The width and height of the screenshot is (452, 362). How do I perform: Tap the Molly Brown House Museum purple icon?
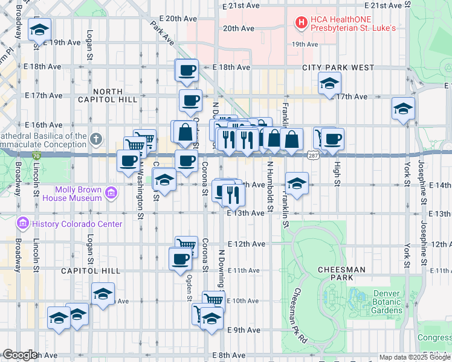[x=111, y=193]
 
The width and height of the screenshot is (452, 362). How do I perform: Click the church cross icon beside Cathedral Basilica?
[x=95, y=140]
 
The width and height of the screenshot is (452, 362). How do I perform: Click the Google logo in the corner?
[x=20, y=354]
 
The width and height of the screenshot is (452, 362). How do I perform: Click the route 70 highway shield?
[x=37, y=156]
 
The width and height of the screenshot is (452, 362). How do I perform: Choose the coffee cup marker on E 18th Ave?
[x=187, y=70]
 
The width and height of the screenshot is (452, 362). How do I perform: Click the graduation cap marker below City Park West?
[x=329, y=83]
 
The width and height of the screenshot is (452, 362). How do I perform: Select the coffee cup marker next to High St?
[x=332, y=139]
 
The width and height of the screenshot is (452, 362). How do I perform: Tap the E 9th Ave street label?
[x=244, y=330]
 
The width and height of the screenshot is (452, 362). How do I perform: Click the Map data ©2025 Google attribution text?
[x=415, y=357]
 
